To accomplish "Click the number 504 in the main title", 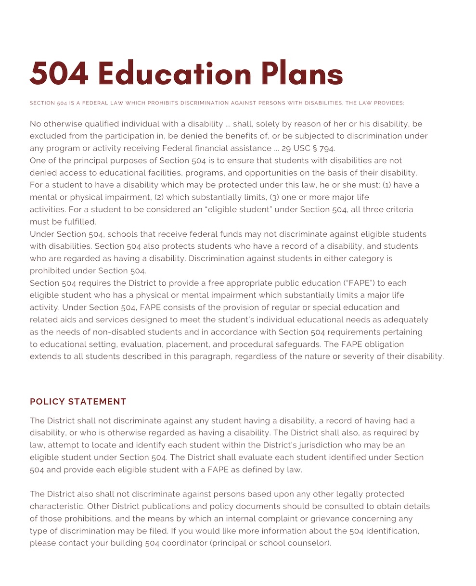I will pos(59,74).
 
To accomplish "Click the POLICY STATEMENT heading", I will pos(78,402).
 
